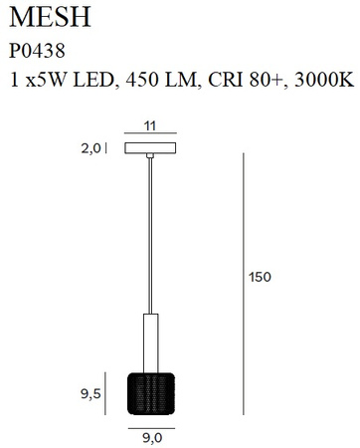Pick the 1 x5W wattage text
40,80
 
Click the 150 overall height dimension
260,277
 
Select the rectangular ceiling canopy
150,148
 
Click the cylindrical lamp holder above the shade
150,341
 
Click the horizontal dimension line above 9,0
150,422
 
